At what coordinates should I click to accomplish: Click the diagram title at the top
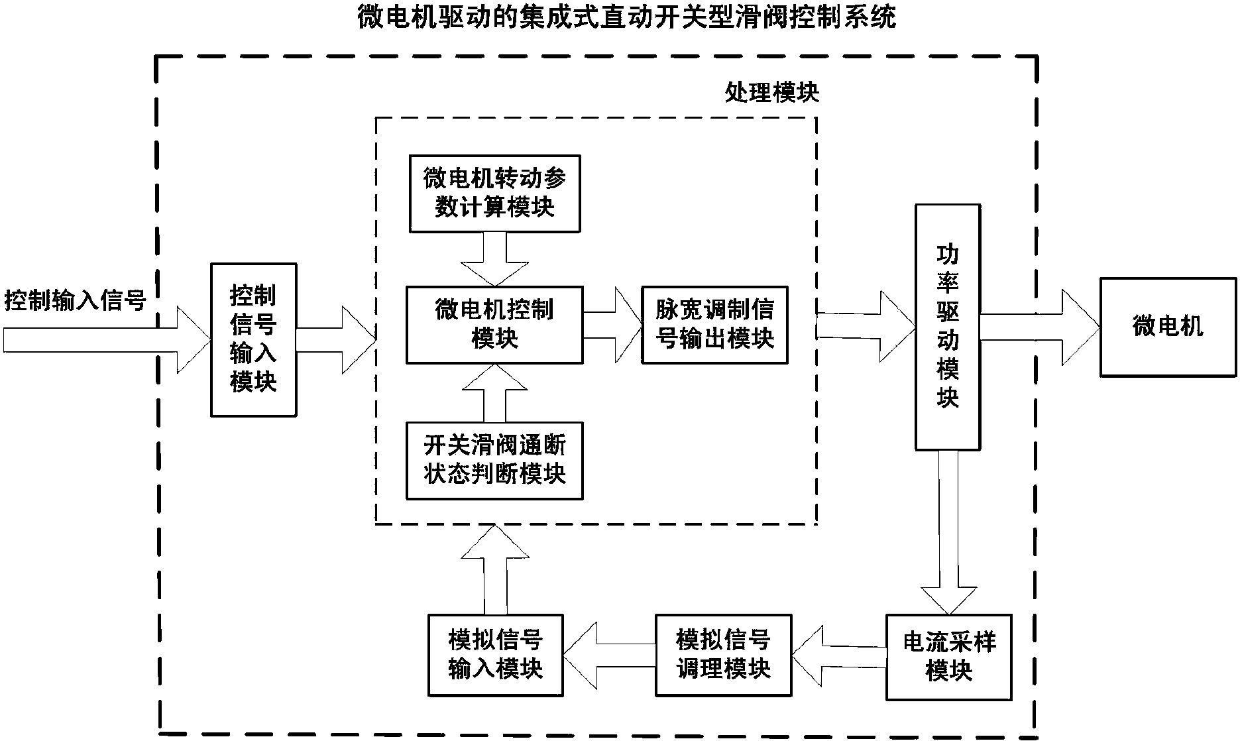click(626, 17)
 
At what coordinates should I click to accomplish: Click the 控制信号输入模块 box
click(253, 339)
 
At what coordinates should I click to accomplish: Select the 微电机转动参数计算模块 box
click(494, 194)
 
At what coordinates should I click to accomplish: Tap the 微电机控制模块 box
click(494, 325)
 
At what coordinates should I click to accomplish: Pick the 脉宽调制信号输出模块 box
click(714, 325)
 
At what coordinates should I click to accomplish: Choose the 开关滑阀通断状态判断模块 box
click(494, 460)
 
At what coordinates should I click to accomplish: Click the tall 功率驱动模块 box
click(947, 327)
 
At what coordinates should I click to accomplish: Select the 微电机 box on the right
click(1168, 327)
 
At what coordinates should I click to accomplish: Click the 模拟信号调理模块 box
click(724, 655)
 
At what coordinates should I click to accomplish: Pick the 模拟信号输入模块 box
click(496, 655)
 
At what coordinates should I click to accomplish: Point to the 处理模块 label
click(771, 93)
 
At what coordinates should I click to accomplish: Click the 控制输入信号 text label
click(74, 300)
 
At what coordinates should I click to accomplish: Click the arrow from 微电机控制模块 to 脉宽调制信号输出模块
click(611, 325)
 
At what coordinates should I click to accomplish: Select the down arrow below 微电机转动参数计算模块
click(494, 258)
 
